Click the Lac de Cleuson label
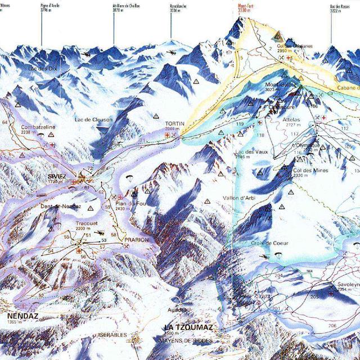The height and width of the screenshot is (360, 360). [94, 120]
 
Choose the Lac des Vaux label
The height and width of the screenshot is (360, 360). [251, 152]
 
